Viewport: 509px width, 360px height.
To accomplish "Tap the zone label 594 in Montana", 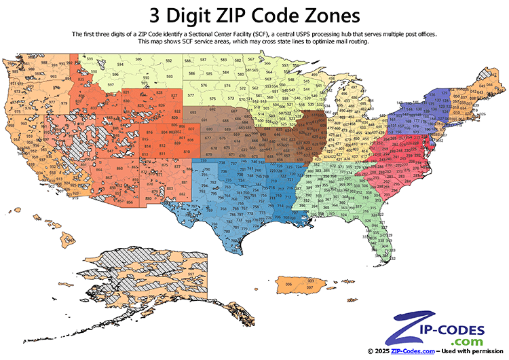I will (x=120, y=65).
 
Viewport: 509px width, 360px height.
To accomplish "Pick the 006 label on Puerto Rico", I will (x=289, y=283).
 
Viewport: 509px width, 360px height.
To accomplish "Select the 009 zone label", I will (x=310, y=280).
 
